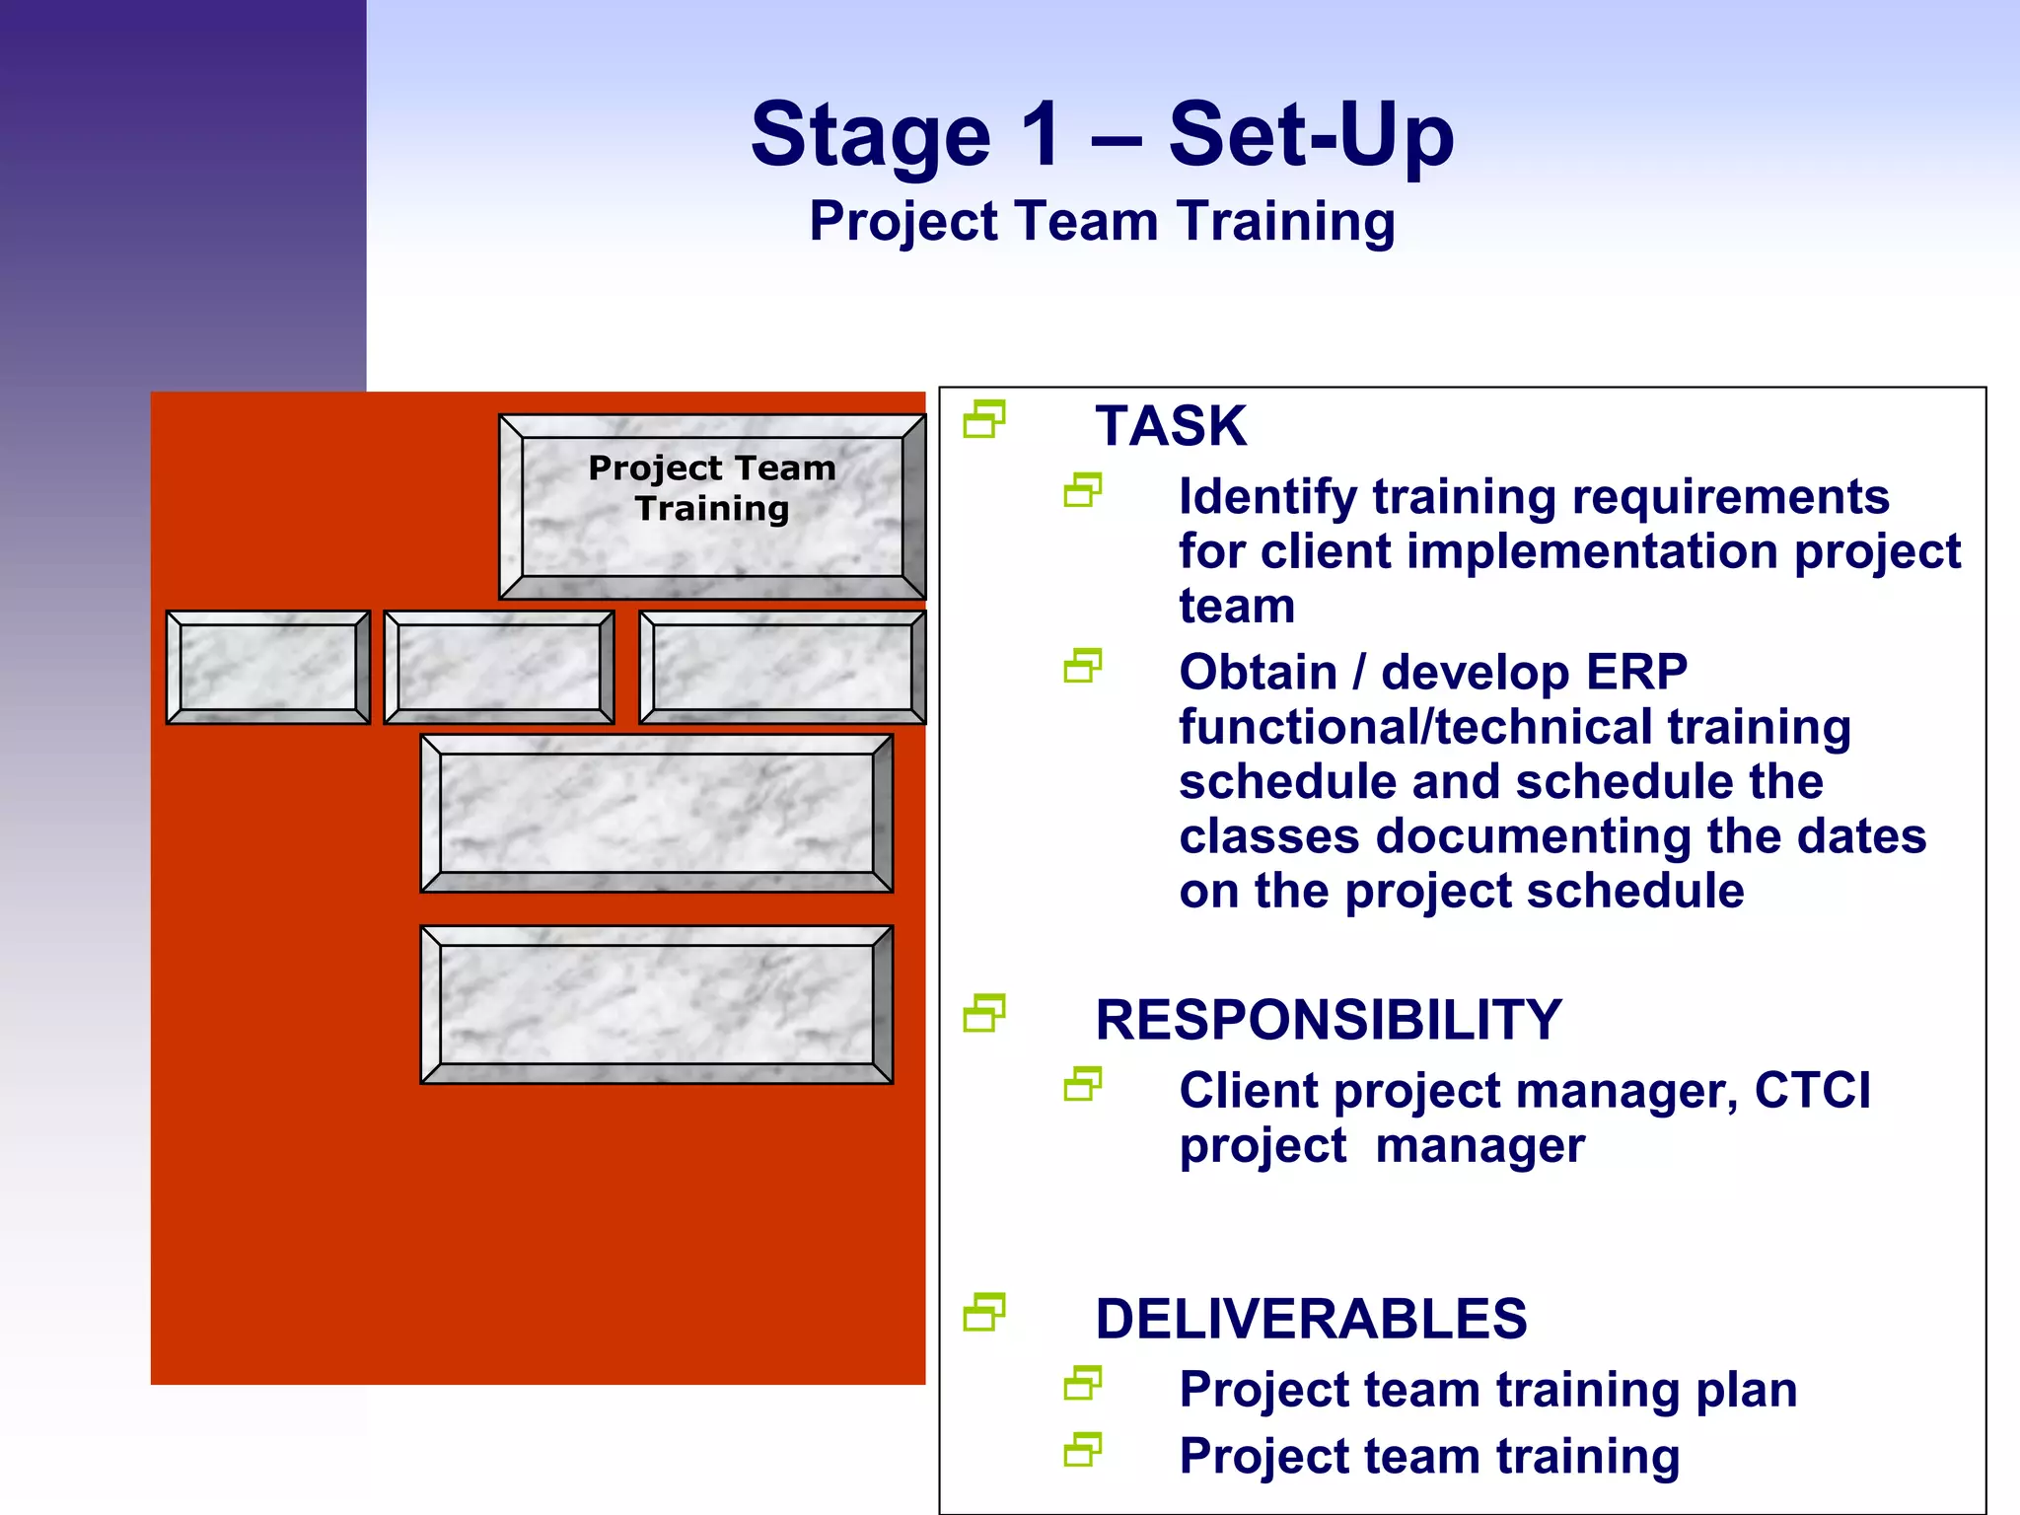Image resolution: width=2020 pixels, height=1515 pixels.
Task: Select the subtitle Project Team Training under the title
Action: click(1102, 221)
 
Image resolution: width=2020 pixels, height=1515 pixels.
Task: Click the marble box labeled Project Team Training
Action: click(712, 505)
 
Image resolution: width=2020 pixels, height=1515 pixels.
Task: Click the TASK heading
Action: click(1171, 426)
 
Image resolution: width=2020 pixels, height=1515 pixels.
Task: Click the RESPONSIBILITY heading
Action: click(1328, 1020)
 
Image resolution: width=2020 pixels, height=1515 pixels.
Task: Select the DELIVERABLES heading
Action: click(1311, 1319)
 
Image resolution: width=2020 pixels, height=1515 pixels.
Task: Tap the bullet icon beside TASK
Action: click(983, 419)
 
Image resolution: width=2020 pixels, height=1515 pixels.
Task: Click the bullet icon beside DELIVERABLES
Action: click(983, 1312)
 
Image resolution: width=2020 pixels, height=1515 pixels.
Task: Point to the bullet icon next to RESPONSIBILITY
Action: click(983, 1013)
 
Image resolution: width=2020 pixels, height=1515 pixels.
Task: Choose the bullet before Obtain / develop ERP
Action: click(1082, 667)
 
